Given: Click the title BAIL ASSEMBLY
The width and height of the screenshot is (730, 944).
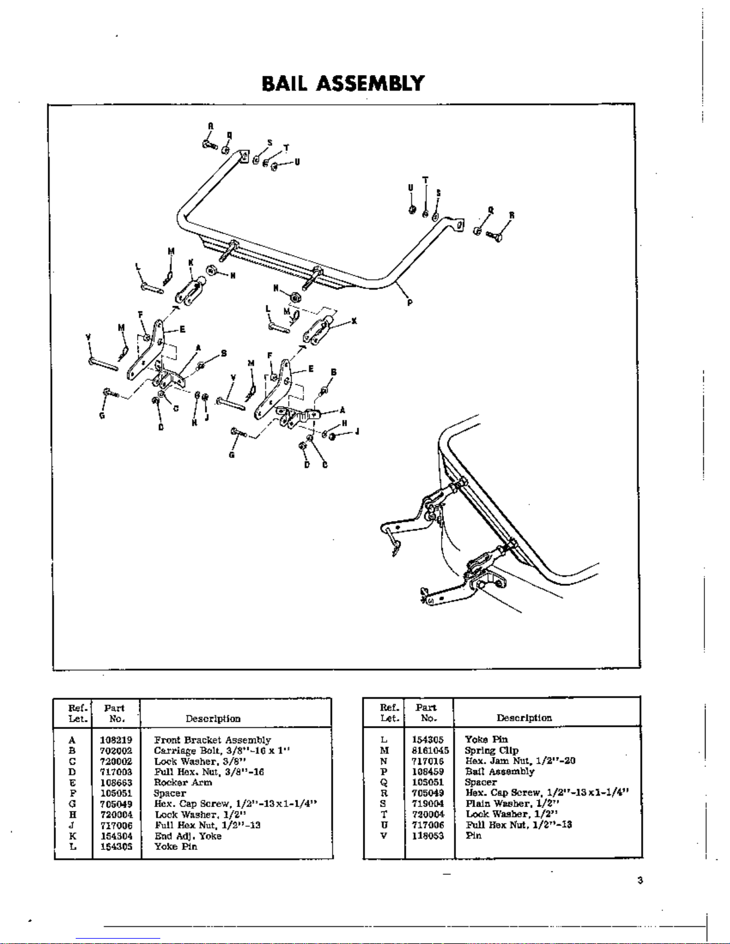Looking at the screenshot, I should tap(343, 83).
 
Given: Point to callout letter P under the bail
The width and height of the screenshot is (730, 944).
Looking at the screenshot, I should tap(410, 303).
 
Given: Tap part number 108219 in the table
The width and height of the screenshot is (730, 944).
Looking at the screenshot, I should tap(117, 740).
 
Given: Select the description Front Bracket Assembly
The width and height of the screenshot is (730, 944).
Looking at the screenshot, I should tap(212, 740).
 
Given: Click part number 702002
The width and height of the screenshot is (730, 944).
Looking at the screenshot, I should tap(117, 751).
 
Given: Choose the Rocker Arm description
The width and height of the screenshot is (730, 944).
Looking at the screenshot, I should tap(183, 783).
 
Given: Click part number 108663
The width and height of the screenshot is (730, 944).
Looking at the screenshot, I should tap(117, 783).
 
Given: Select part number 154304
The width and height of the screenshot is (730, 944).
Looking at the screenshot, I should tap(117, 836).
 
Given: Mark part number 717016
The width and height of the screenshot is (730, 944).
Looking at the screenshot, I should tap(428, 761).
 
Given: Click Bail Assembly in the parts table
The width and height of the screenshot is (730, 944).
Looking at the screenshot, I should tap(500, 772).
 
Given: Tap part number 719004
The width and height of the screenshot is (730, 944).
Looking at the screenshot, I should tap(428, 803).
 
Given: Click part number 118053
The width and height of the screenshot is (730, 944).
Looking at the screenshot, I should tap(428, 836).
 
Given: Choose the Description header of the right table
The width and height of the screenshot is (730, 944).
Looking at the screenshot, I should tap(524, 718).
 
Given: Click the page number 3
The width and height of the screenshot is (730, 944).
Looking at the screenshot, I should tap(639, 881).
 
